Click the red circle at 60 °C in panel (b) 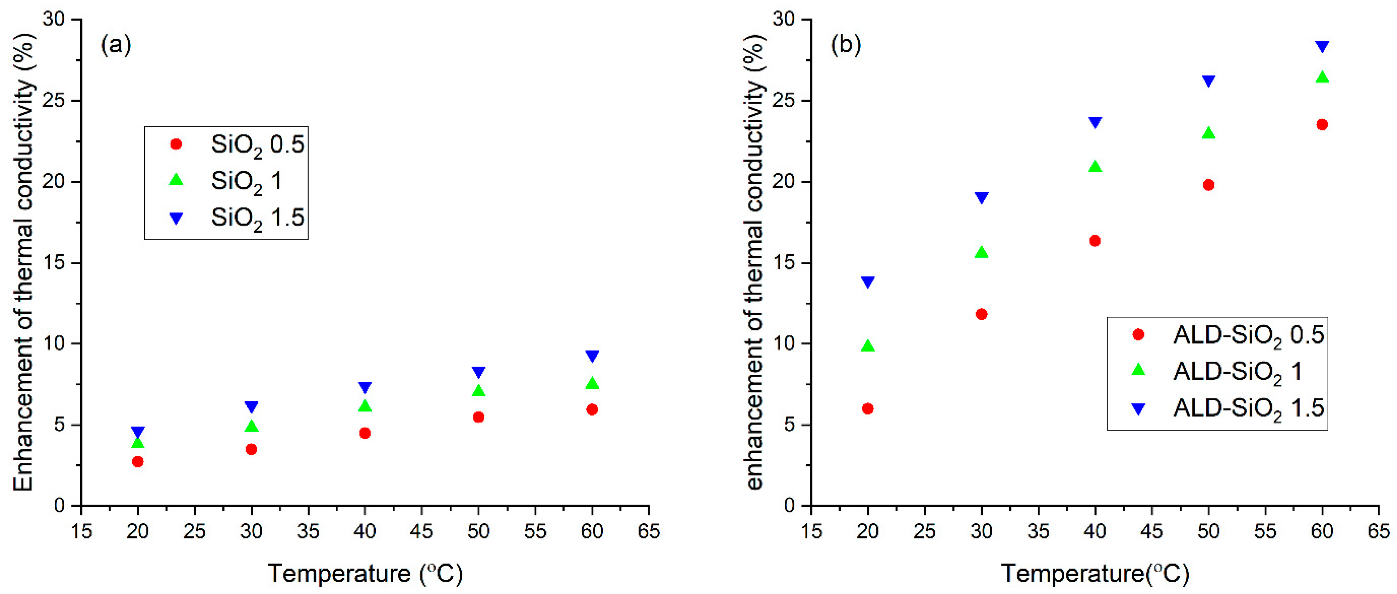(1322, 125)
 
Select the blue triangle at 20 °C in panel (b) (868, 281)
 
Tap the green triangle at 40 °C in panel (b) (1095, 166)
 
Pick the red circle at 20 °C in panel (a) (138, 462)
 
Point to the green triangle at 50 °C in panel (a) (478, 390)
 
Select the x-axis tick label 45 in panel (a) (421, 531)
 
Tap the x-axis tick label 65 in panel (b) (1378, 531)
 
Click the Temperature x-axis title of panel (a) (365, 573)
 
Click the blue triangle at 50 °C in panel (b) (1208, 81)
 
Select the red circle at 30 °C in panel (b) (981, 314)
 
